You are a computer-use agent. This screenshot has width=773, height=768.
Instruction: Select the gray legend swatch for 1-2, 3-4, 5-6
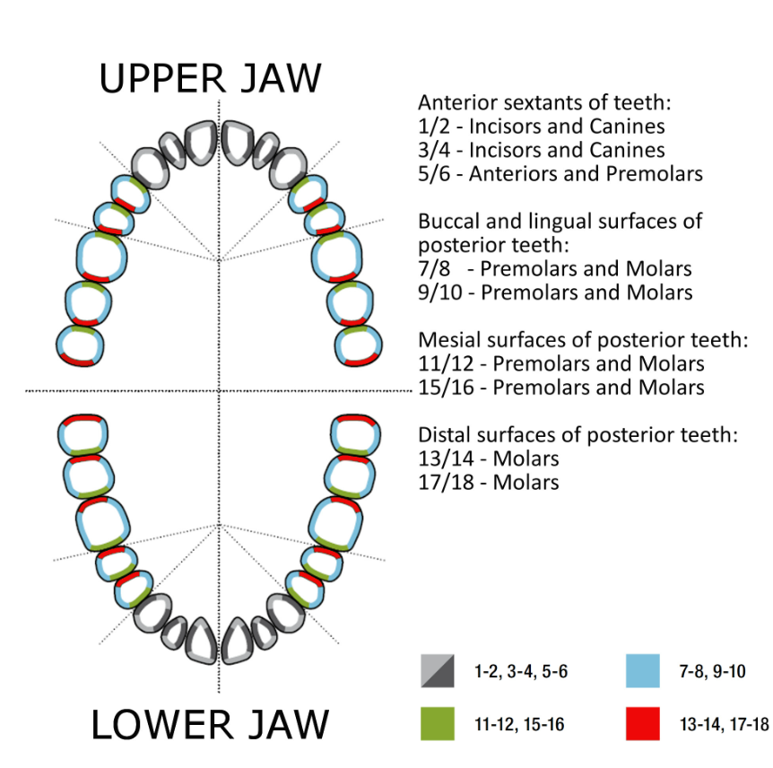pyautogui.click(x=437, y=670)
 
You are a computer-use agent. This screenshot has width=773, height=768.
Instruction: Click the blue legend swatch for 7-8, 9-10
pyautogui.click(x=642, y=670)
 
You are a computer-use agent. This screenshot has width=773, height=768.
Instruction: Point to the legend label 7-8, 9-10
pyautogui.click(x=708, y=670)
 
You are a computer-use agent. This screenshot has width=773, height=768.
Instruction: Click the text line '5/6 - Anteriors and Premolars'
pyautogui.click(x=560, y=173)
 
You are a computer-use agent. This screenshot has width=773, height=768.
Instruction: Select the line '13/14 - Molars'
pyautogui.click(x=489, y=458)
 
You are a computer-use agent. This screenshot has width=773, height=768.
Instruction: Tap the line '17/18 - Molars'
pyautogui.click(x=489, y=483)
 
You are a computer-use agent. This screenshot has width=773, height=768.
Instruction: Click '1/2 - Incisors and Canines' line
pyautogui.click(x=542, y=126)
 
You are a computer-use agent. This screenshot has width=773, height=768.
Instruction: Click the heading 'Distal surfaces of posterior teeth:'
pyautogui.click(x=578, y=435)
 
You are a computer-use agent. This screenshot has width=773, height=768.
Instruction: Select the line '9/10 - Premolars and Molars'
pyautogui.click(x=555, y=292)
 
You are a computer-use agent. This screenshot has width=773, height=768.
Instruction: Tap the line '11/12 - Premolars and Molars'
pyautogui.click(x=561, y=363)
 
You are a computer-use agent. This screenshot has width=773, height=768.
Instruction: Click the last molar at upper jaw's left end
pyautogui.click(x=80, y=345)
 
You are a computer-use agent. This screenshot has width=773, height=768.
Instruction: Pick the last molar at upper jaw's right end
pyautogui.click(x=358, y=345)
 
